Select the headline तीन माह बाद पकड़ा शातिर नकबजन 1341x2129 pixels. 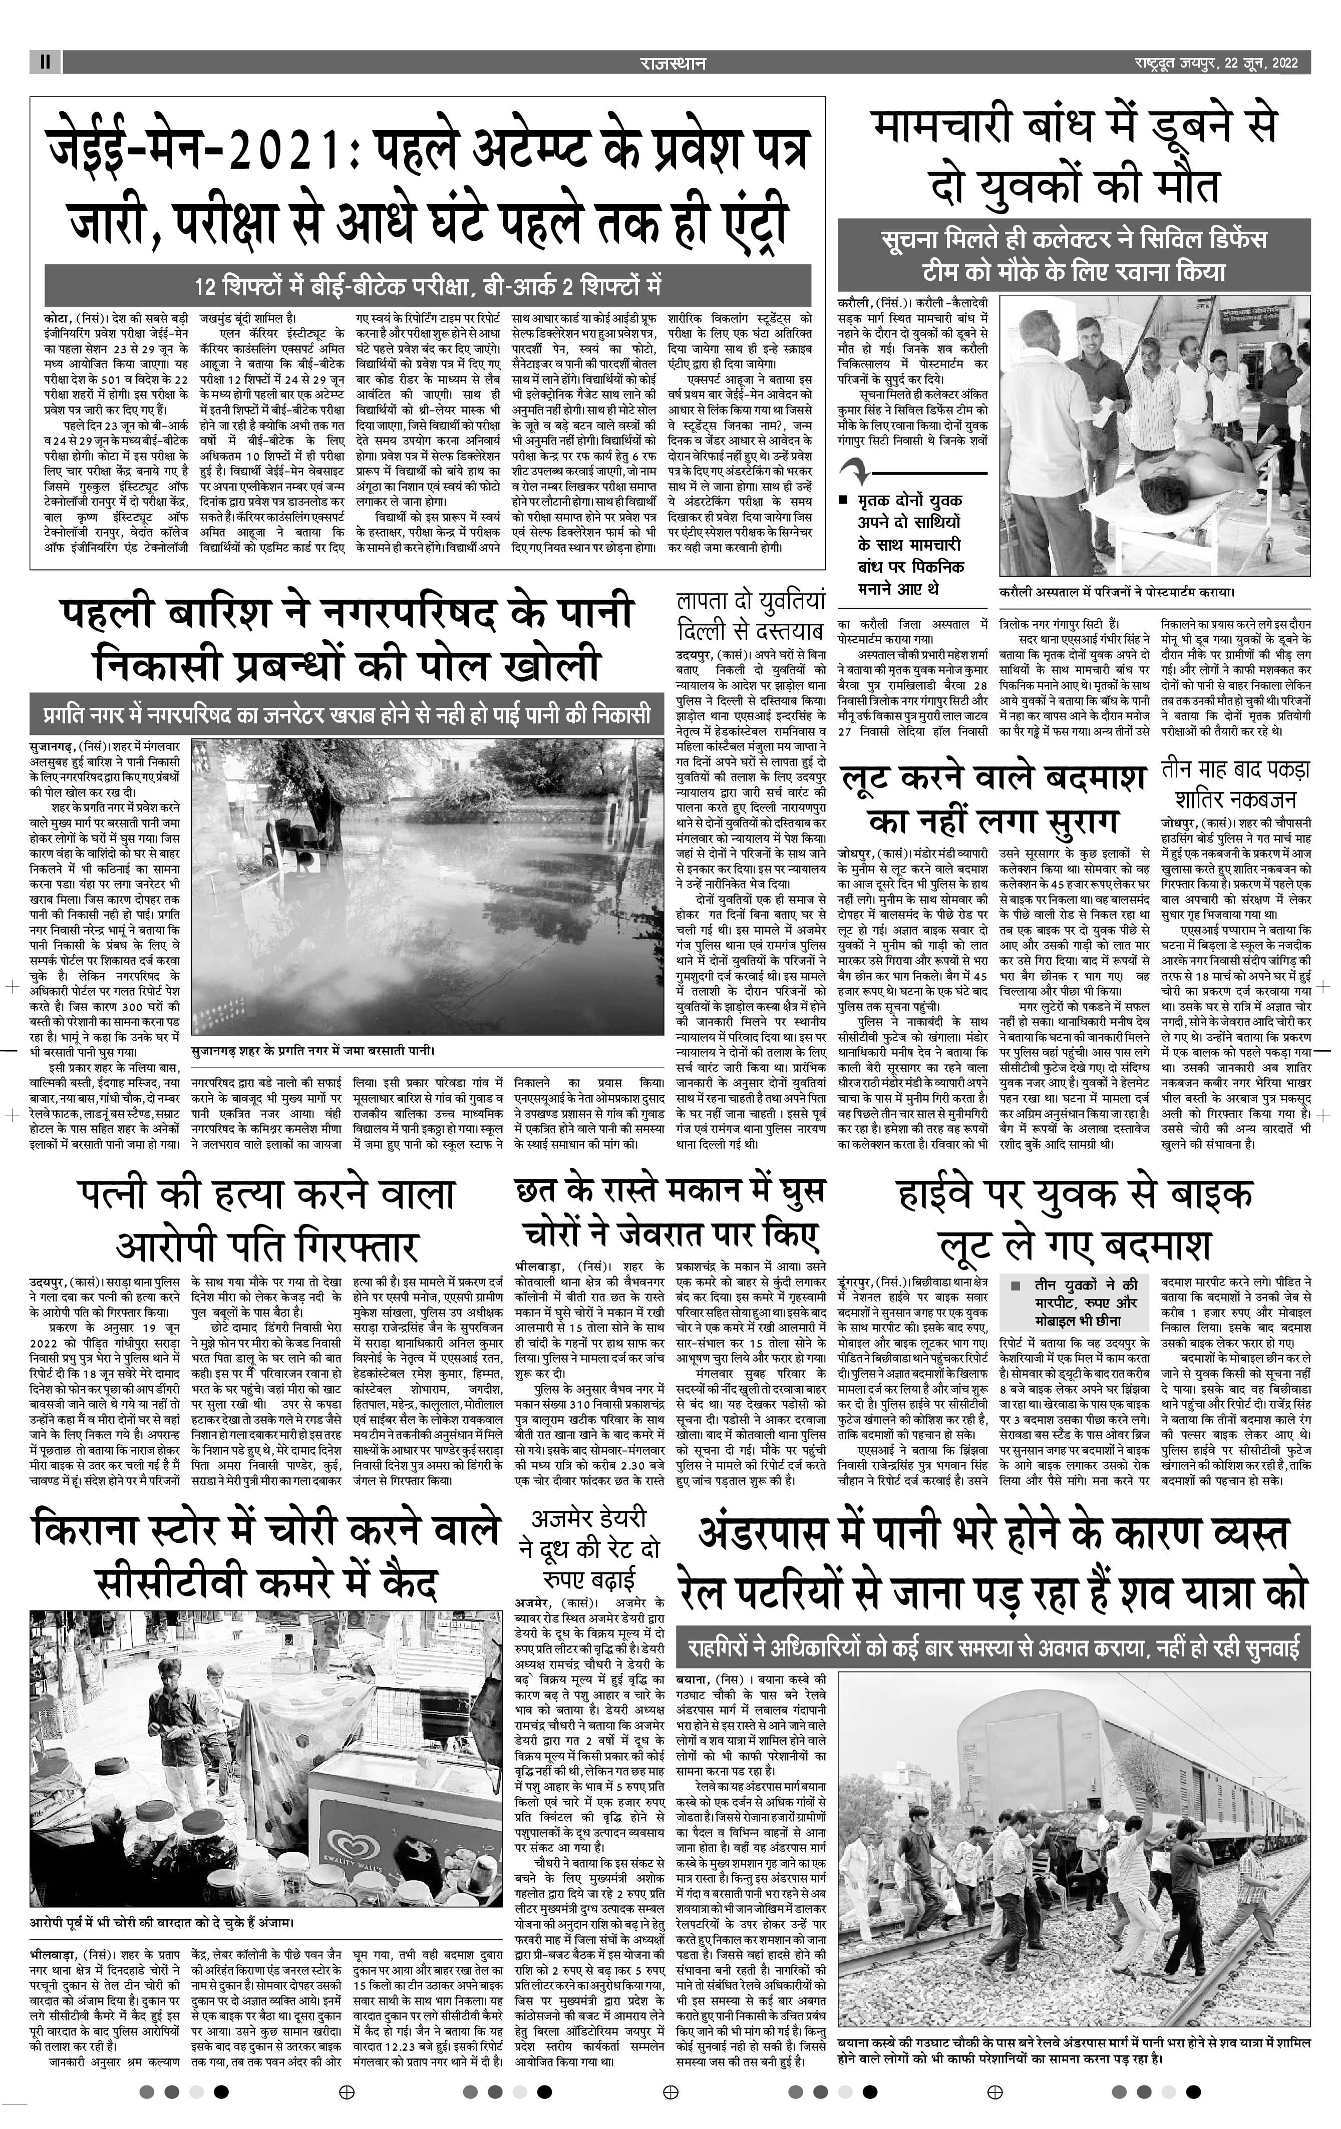[x=1234, y=784]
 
